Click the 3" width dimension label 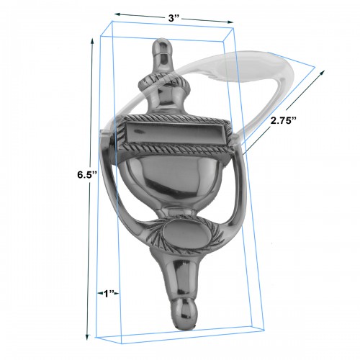[x=174, y=18]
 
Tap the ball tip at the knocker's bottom [x=184, y=313]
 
